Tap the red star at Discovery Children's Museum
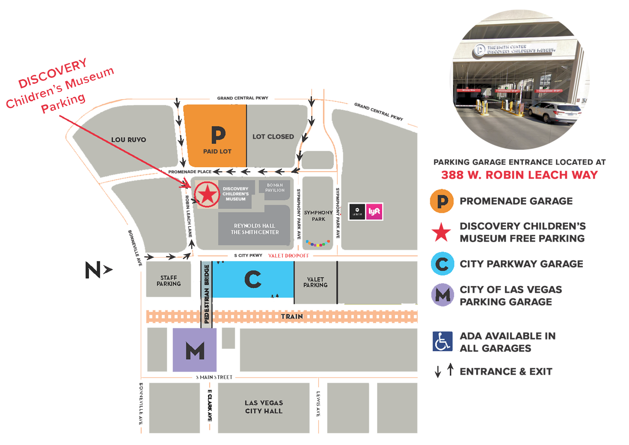pos(207,194)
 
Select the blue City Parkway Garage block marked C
pos(253,280)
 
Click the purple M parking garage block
pos(195,350)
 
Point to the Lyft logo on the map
pos(374,212)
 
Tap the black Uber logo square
pos(357,212)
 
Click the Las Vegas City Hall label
pos(264,407)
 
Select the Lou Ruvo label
pos(129,140)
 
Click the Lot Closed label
pos(273,137)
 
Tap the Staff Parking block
pos(168,280)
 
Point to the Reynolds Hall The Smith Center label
pos(254,229)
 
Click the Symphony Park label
pos(318,216)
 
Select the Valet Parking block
pos(315,282)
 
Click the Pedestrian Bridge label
pos(206,294)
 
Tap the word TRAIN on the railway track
pos(292,316)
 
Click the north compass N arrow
pos(98,270)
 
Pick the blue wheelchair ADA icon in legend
pos(442,341)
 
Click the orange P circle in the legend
pos(442,201)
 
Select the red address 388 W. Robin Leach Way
pos(519,175)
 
